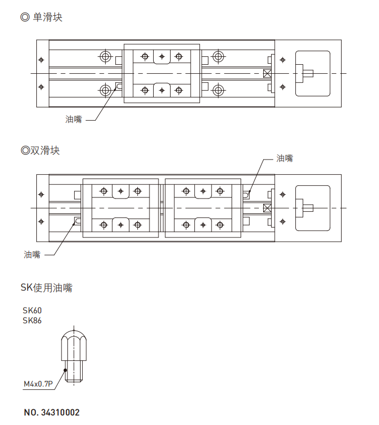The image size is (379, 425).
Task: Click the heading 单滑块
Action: point(47,17)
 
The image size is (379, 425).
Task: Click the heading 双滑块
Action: point(45,151)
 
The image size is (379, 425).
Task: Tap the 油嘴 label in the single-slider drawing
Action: point(74,120)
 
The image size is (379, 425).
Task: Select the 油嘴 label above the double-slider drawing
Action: point(285,158)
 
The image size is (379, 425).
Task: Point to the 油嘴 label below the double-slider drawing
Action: point(32,254)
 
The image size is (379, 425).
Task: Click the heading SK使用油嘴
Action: point(46,288)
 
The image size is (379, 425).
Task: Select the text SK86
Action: point(32,320)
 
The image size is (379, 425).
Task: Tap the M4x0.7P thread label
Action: point(38,384)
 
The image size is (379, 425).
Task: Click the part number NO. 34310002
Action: point(52,412)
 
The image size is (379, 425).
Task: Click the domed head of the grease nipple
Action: point(74,338)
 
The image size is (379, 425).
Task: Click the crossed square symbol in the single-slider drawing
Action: point(267,73)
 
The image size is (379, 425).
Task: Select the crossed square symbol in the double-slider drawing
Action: point(267,207)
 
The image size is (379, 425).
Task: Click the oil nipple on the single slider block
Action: point(119,85)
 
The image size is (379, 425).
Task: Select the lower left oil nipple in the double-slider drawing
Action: point(78,221)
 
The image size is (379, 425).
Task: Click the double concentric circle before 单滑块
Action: point(25,17)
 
